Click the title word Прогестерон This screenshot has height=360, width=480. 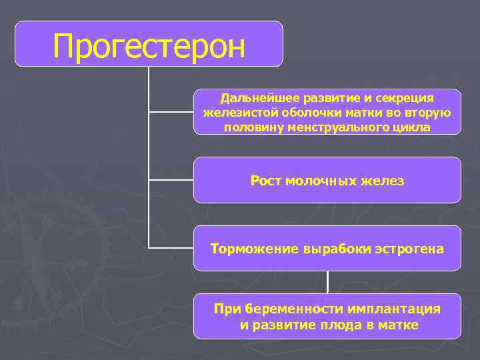(x=149, y=46)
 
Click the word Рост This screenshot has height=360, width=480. (x=265, y=181)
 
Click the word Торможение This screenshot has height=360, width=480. (x=255, y=249)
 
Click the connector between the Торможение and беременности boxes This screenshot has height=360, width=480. (x=327, y=282)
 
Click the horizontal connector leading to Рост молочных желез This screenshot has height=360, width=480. (x=171, y=180)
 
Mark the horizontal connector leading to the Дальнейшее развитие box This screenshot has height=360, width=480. (x=171, y=112)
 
